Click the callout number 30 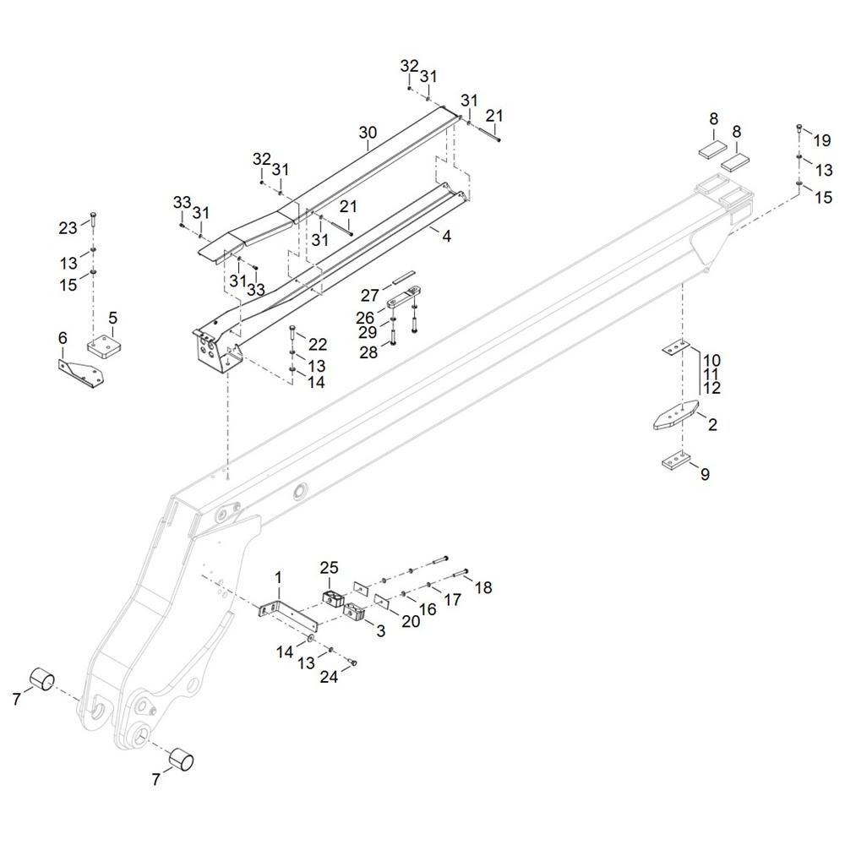pos(368,133)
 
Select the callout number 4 pos(446,237)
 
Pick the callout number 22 pos(318,344)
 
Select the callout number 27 pos(370,295)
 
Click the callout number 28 pos(368,352)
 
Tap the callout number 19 pos(822,140)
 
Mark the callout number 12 pos(711,388)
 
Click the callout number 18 pos(482,587)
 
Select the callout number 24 pos(328,677)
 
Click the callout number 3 pos(379,630)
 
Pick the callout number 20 pos(411,621)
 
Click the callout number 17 pos(453,599)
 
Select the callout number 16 pos(428,608)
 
